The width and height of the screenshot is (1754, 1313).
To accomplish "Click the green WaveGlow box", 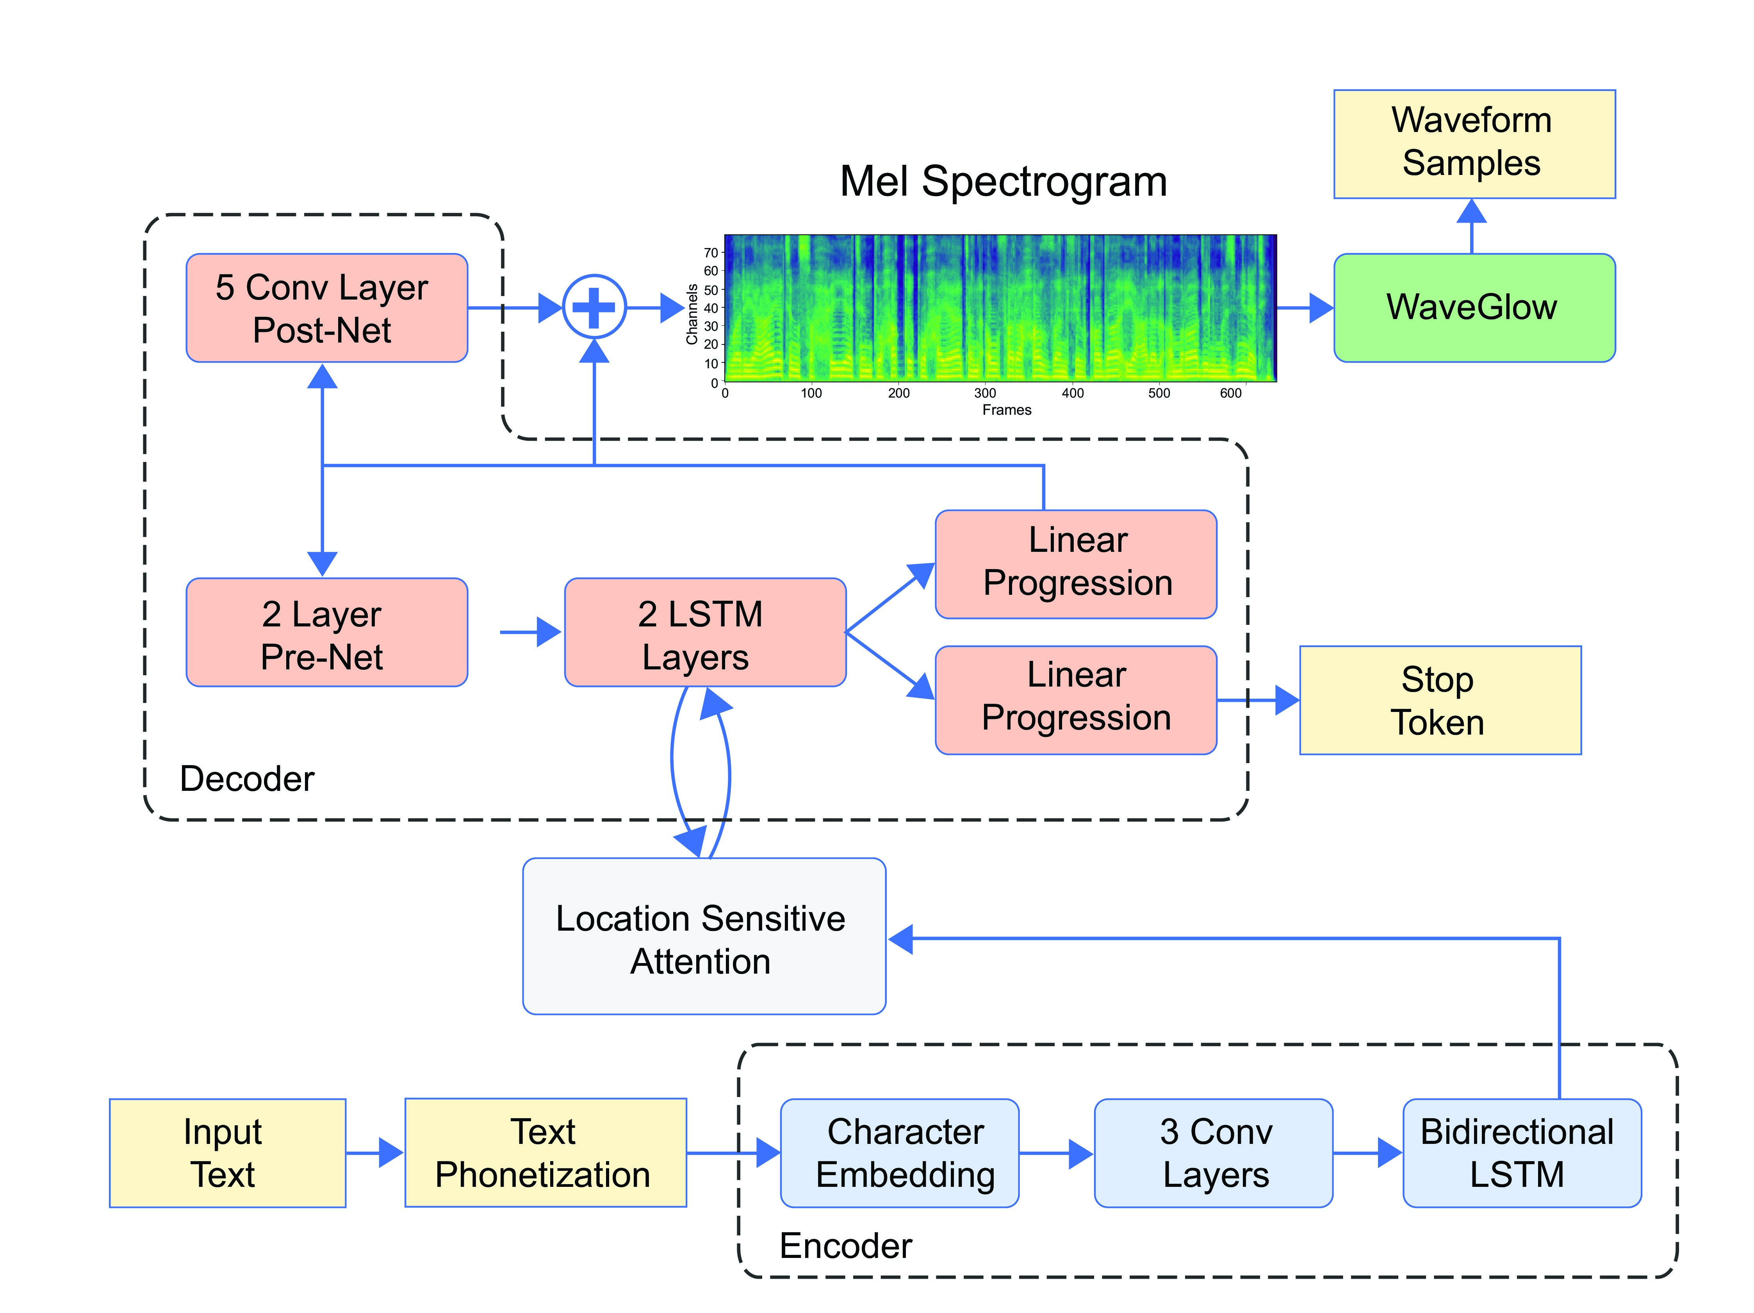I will [1473, 308].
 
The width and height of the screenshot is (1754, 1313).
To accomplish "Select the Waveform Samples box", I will [1473, 143].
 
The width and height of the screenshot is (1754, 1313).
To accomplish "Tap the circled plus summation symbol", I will [594, 307].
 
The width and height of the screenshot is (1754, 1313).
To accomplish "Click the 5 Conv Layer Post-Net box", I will [327, 308].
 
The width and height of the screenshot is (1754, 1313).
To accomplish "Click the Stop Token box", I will [1439, 700].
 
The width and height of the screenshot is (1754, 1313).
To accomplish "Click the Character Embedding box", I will [899, 1153].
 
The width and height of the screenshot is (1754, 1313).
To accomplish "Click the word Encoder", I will [845, 1245].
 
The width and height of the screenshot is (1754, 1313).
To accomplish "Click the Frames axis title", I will [1006, 410].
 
